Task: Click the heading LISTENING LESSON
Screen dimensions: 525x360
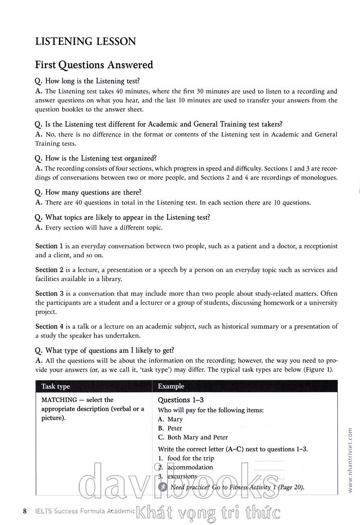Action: click(x=85, y=41)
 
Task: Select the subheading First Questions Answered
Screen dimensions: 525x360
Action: click(x=94, y=65)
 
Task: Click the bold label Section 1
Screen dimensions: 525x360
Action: click(x=46, y=246)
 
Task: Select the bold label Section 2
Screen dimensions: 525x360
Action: click(x=46, y=270)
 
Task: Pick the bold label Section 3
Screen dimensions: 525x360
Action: click(x=46, y=293)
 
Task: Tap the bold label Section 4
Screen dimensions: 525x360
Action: click(x=46, y=326)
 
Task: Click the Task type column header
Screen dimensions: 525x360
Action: click(x=56, y=387)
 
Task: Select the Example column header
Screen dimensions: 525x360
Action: click(x=171, y=387)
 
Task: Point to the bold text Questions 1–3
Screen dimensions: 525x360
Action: click(x=181, y=400)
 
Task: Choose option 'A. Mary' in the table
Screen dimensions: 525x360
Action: click(x=170, y=419)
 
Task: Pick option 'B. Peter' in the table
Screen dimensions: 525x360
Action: click(x=170, y=428)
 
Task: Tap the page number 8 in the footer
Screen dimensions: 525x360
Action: click(x=25, y=511)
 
